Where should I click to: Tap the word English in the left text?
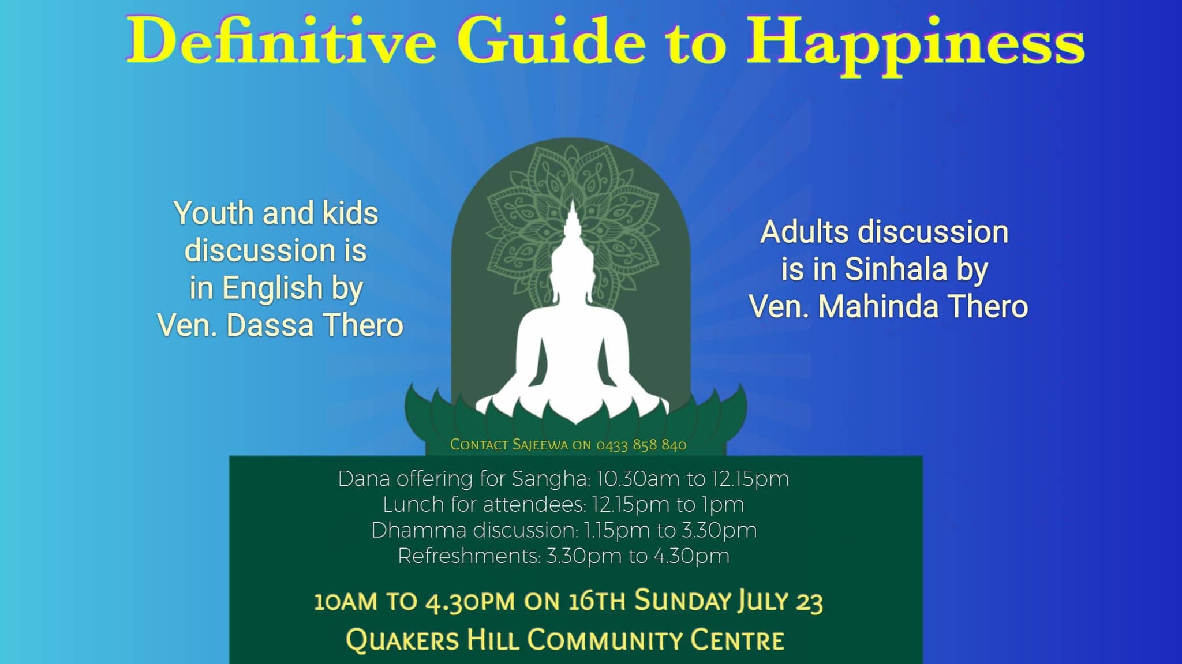[x=272, y=288]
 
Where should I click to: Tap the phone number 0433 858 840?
[x=641, y=445]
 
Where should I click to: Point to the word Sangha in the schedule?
[x=550, y=479]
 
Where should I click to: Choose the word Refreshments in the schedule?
[x=469, y=556]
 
